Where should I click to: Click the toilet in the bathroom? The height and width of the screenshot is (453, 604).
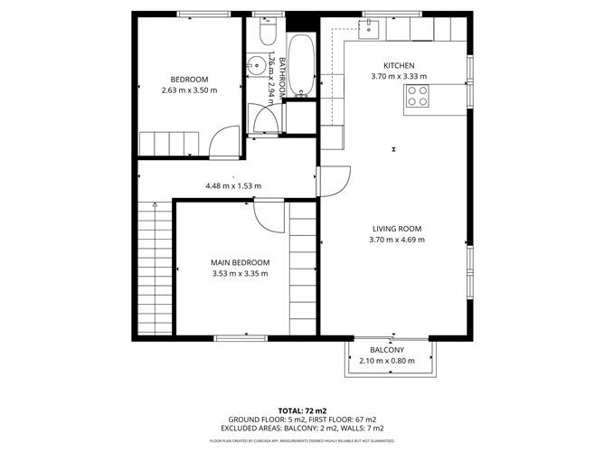[x=266, y=33]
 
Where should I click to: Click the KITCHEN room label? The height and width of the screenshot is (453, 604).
[x=399, y=66]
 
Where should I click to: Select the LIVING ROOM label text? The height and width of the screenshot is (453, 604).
[x=397, y=229]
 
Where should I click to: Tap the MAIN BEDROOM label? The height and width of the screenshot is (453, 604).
[x=240, y=262]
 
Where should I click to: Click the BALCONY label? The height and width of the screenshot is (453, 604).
[x=387, y=350]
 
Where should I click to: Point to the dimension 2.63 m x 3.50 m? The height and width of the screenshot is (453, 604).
[x=189, y=90]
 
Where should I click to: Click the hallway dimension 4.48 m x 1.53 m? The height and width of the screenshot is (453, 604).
[x=233, y=186]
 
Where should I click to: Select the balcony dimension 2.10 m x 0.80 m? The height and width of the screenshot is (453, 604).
[x=387, y=361]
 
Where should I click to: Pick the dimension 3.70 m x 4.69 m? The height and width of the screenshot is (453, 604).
[x=397, y=241]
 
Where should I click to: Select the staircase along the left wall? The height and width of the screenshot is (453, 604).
[x=151, y=268]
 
